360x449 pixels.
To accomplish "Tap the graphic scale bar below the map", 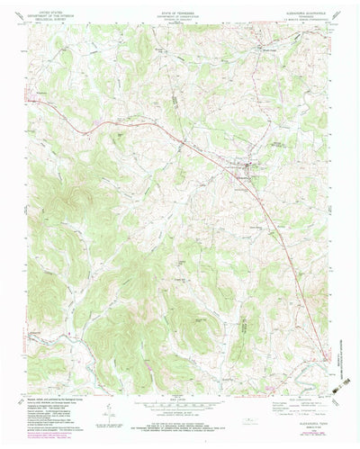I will (x=180, y=403).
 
